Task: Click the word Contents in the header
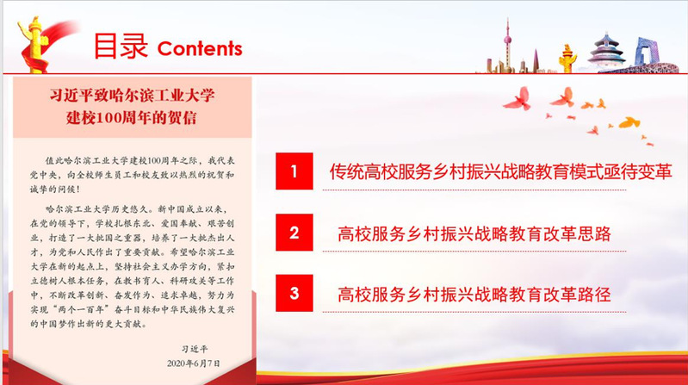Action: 200,49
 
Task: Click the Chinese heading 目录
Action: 121,46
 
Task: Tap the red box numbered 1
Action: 294,171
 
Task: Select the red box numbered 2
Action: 294,233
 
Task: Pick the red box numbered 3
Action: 294,293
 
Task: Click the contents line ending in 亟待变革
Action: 500,171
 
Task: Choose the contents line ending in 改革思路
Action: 474,233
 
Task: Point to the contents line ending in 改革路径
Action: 474,294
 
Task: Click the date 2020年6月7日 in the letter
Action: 194,363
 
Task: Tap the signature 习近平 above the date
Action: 195,349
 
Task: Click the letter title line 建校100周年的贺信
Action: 132,118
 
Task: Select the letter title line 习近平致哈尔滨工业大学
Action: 132,96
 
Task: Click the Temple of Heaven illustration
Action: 606,51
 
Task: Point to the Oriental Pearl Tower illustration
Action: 507,44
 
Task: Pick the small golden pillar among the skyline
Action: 567,59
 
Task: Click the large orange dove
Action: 629,122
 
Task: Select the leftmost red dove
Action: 518,99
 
